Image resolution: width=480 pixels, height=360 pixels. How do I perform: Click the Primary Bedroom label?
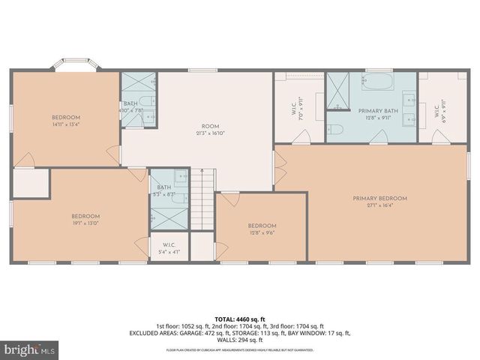pyautogui.click(x=379, y=198)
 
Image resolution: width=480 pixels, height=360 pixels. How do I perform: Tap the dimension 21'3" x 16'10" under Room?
pyautogui.click(x=199, y=132)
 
